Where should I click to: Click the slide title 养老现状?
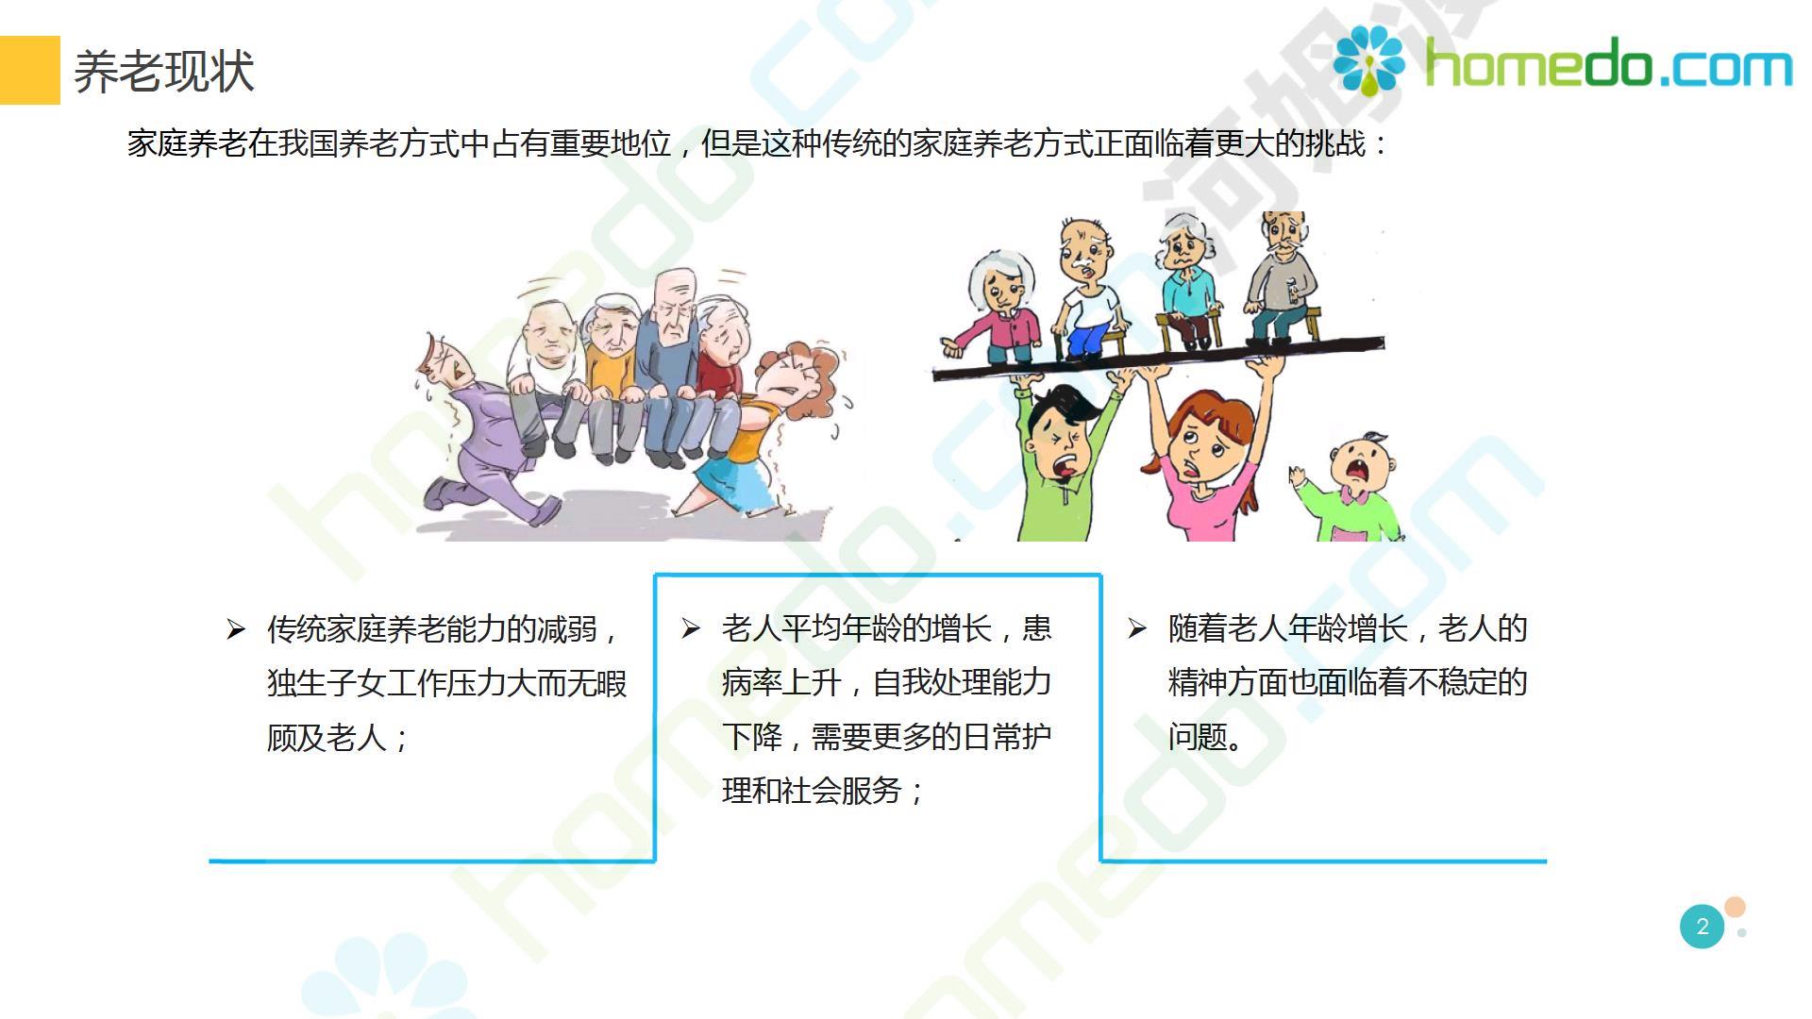point(164,72)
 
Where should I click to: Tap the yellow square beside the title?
point(29,70)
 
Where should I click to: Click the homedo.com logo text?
point(1608,64)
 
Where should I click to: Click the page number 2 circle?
point(1703,927)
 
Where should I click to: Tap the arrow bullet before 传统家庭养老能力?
point(236,629)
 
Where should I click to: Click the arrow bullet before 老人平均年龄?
point(691,628)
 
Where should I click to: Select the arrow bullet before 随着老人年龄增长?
point(1137,628)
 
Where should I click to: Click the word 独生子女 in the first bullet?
point(327,683)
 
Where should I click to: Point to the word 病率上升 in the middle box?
point(781,682)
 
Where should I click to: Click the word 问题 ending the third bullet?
point(1198,737)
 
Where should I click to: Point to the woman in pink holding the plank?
point(1203,453)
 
